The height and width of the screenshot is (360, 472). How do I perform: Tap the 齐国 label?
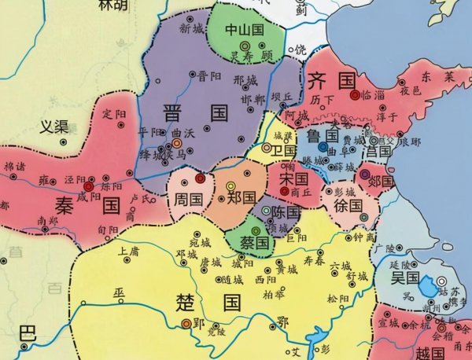point(328,79)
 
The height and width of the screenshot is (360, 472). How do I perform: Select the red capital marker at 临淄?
point(355,94)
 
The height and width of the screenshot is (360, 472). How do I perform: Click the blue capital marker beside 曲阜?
point(323,146)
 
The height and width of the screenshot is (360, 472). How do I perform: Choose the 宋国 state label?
point(291,179)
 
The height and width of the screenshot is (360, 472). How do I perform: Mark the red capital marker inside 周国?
point(200,178)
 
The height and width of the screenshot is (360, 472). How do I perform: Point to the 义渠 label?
point(56,126)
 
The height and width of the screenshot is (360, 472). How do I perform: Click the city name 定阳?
point(115,113)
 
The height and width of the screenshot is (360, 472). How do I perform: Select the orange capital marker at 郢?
point(186,322)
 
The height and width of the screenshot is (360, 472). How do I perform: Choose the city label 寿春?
point(313,259)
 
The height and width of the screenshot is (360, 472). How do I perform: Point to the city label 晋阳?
point(208,76)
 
